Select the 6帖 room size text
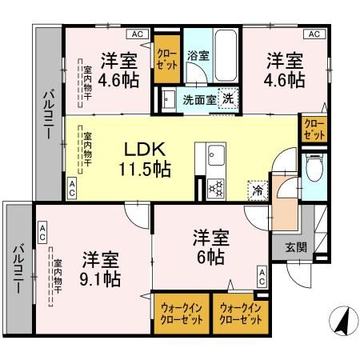tap(211, 256)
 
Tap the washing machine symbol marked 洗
tap(227, 98)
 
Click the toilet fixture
tap(314, 169)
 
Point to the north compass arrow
tap(342, 321)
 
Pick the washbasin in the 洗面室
tap(170, 99)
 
